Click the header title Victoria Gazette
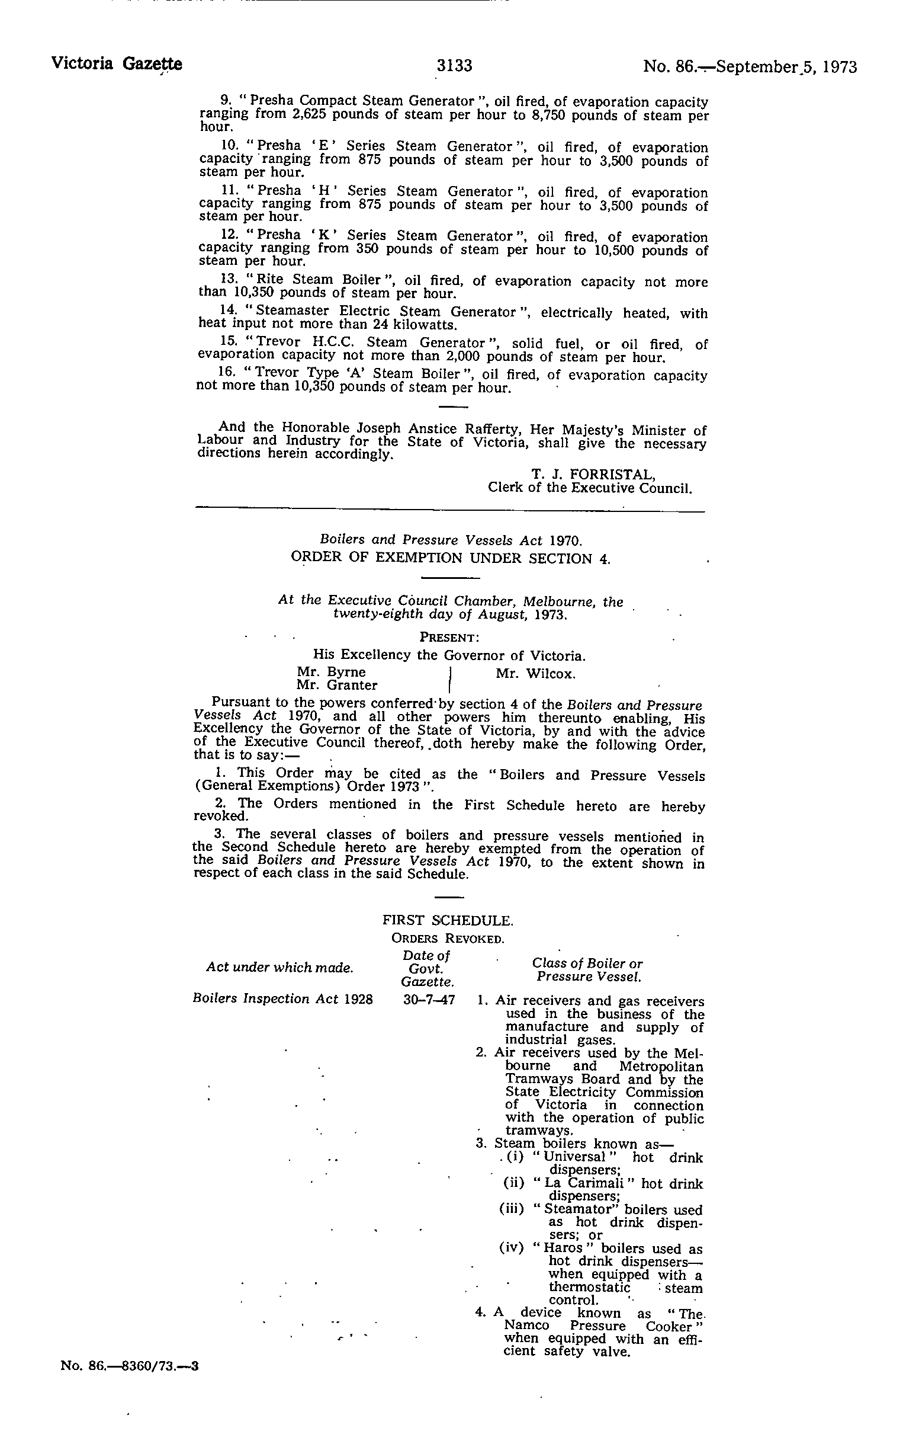(x=117, y=65)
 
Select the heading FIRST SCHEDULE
(x=448, y=921)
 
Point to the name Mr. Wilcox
(x=535, y=674)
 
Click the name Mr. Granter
(x=337, y=685)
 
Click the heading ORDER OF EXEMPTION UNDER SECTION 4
(x=451, y=558)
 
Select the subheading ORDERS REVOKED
(x=448, y=939)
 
